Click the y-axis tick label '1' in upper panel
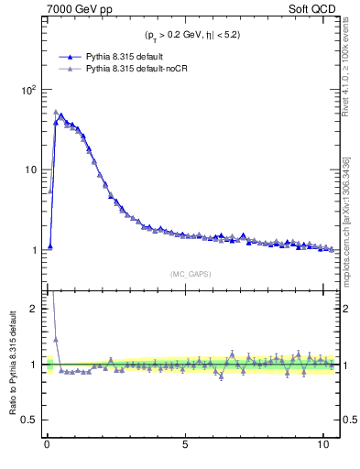[x=31, y=249]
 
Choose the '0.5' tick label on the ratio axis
[x=29, y=420]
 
